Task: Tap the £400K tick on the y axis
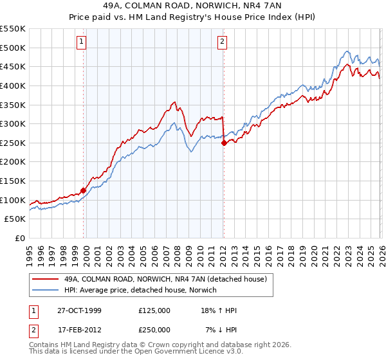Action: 13,85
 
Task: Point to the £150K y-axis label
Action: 13,181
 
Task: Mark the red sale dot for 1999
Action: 84,190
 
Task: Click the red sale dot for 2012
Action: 224,143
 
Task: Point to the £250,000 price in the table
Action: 154,329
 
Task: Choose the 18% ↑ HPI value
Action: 219,310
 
